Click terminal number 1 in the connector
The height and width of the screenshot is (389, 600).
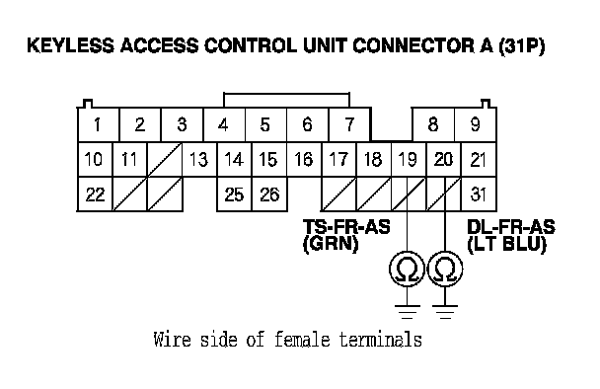pos(99,124)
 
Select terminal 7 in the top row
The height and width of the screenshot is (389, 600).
pos(349,124)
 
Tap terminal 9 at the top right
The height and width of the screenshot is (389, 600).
pos(476,124)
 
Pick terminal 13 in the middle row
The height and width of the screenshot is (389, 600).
pos(199,159)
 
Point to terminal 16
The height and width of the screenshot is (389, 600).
pos(304,159)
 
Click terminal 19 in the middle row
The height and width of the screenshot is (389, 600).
pos(409,159)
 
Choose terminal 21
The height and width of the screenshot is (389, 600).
pos(479,159)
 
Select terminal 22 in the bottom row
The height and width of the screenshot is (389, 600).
pos(95,194)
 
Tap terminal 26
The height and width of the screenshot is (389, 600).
pos(269,194)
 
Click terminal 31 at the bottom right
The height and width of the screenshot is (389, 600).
pos(479,194)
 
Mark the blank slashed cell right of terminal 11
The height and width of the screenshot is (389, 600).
pos(165,159)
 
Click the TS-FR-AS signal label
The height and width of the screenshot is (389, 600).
pos(346,227)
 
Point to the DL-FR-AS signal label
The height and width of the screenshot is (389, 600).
pos(511,227)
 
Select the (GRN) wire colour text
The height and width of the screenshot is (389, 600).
pos(331,244)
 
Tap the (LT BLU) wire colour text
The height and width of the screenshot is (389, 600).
pos(506,244)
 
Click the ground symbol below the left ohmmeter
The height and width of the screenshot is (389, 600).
pos(407,312)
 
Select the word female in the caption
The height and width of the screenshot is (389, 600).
pos(302,340)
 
